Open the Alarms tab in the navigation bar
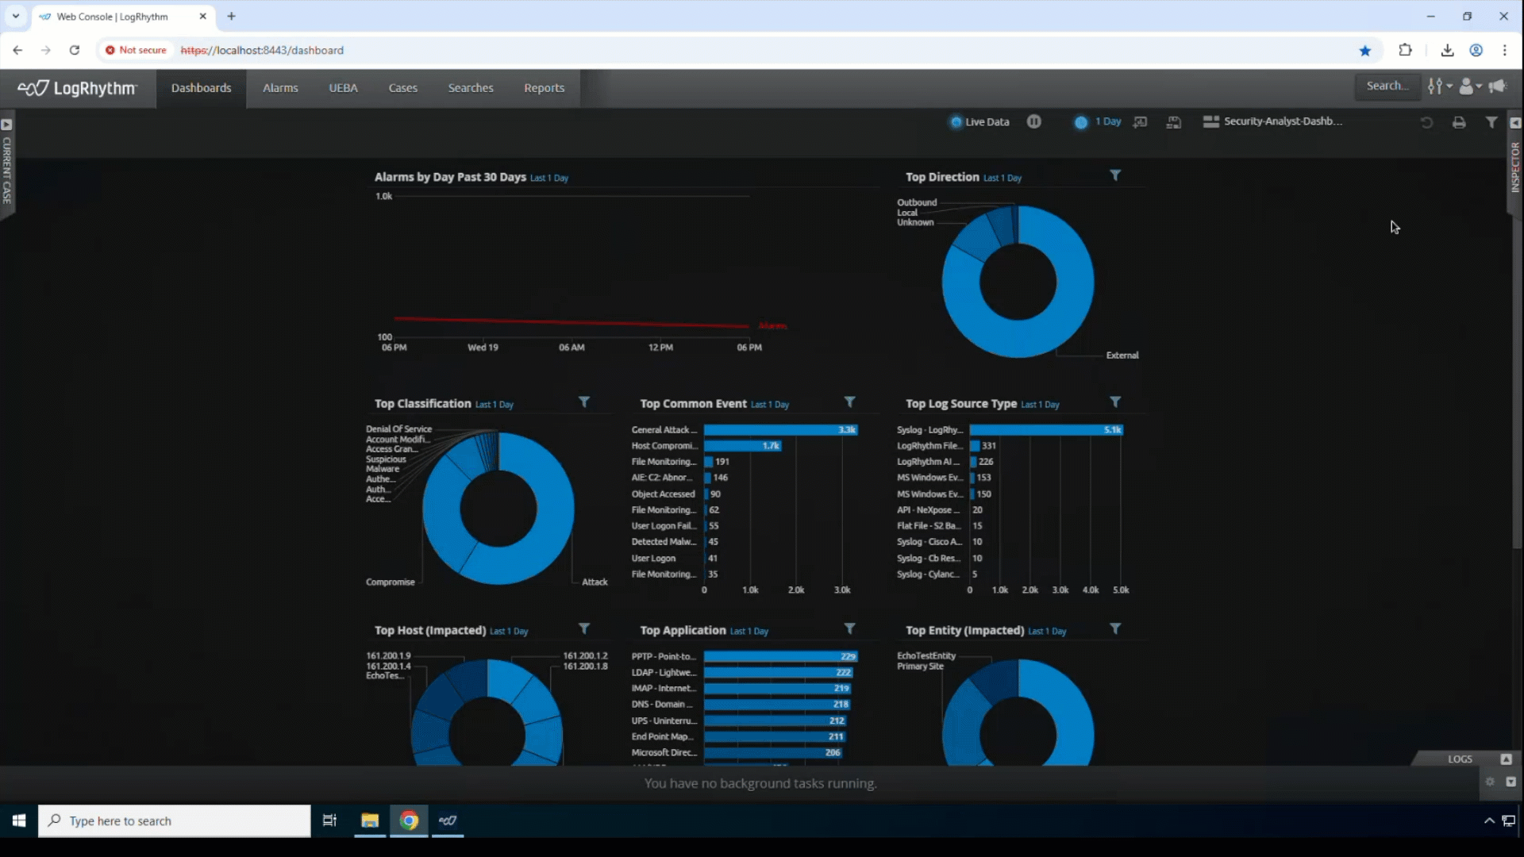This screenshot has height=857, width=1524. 280,88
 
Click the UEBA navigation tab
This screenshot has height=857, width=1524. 343,88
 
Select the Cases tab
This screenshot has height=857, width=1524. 402,88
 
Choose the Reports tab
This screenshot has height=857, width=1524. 544,88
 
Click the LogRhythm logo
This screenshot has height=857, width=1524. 78,88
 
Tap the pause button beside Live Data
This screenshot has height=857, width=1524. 1033,121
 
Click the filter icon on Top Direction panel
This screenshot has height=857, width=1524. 1115,175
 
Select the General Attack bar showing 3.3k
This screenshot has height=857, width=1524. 779,430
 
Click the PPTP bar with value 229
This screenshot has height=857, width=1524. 779,656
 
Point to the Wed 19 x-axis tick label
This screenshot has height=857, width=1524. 483,348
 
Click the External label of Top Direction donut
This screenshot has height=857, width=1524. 1122,355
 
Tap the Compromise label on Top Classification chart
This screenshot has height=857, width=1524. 390,582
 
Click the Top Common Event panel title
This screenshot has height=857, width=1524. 692,404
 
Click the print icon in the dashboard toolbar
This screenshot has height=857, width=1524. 1459,122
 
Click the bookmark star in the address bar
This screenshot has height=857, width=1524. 1365,50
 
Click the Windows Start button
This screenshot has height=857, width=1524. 19,820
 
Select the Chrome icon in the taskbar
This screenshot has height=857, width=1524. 409,820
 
